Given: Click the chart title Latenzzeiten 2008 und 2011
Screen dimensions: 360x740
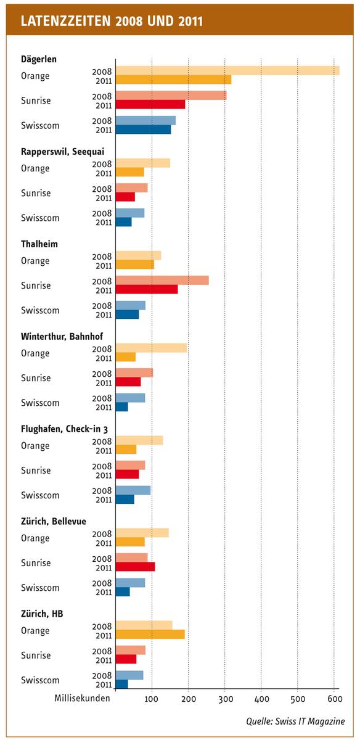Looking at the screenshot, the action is tap(112, 21).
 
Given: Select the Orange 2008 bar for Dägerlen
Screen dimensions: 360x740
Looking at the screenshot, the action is tap(227, 71).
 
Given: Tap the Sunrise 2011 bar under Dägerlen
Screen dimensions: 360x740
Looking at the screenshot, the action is tap(150, 104).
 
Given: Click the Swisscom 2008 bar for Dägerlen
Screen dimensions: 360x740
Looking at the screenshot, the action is tap(145, 121).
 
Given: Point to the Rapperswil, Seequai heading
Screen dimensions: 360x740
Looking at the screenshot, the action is tap(62, 152).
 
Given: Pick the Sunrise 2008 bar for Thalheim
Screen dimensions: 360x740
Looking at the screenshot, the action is tap(162, 280).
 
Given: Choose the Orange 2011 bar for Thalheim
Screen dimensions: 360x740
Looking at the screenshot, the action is tap(135, 265).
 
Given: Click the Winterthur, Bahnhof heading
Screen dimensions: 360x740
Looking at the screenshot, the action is tap(62, 336).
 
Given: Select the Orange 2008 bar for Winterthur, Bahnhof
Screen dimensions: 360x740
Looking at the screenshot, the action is tap(151, 348).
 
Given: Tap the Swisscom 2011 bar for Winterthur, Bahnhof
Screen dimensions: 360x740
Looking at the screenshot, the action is tap(122, 406).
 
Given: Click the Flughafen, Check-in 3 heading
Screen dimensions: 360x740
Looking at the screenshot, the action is tap(64, 429).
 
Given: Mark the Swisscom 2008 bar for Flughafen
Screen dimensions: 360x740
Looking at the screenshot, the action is tap(133, 490).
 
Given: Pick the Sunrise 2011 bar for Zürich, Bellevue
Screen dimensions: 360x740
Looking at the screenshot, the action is tap(136, 567).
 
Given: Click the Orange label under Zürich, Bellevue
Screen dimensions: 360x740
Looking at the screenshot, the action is tap(35, 538).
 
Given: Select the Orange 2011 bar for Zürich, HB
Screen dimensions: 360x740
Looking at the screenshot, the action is tap(150, 635).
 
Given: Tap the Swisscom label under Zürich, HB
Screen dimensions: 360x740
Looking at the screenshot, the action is tap(40, 680).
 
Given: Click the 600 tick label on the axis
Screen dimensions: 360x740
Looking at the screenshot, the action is tap(335, 699).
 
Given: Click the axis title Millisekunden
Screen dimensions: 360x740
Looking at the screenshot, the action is tap(82, 698).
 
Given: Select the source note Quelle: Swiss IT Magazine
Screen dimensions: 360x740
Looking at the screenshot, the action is tap(295, 721).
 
